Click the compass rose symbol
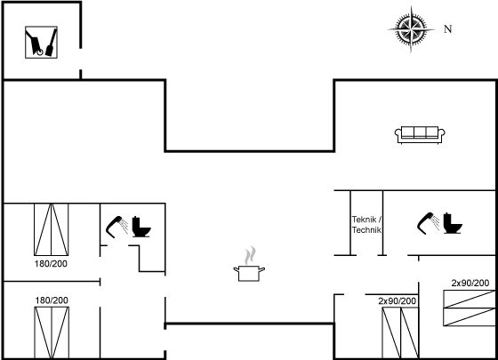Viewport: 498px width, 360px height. (411, 29)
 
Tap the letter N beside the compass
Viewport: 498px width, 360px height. (448, 29)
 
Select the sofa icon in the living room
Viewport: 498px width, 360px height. (420, 135)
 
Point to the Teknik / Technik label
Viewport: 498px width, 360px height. (366, 224)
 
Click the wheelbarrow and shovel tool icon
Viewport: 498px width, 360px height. (41, 43)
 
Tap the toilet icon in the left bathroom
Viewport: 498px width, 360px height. (141, 227)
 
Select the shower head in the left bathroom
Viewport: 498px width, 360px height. (116, 227)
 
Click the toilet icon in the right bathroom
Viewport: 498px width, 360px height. (453, 223)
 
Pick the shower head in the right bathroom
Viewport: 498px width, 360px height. (428, 223)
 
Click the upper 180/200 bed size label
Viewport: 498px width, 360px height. (51, 263)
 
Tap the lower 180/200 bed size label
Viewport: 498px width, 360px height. (52, 300)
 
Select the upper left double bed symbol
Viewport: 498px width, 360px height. (52, 229)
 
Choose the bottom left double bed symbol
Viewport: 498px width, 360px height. (52, 332)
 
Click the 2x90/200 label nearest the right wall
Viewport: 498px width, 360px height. (470, 283)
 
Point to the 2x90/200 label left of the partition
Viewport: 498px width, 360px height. (397, 301)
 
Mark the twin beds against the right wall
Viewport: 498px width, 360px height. (470, 308)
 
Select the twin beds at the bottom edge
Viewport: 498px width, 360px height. (400, 333)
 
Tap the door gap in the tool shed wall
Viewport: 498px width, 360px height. (81, 59)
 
